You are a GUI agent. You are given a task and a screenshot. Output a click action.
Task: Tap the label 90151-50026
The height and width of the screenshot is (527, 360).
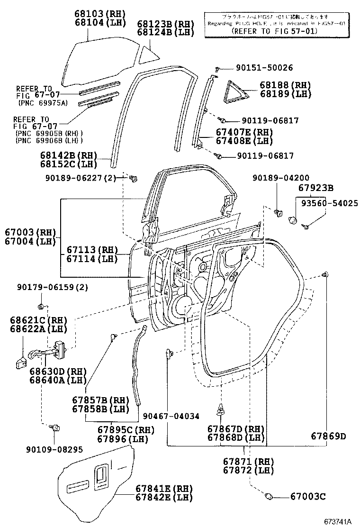[x=264, y=68]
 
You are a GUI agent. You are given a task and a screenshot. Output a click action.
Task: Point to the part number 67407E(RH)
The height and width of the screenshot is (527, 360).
[x=258, y=132]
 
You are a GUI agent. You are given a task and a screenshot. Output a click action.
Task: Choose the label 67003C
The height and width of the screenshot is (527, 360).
[x=306, y=496]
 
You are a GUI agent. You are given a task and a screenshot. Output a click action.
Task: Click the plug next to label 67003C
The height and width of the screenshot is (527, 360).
[x=269, y=496]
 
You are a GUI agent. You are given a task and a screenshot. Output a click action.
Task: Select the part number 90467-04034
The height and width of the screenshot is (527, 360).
[x=171, y=416]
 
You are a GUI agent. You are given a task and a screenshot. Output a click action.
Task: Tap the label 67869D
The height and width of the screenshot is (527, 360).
[x=328, y=436]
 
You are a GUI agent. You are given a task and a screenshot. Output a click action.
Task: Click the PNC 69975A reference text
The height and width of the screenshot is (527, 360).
[x=43, y=102]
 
